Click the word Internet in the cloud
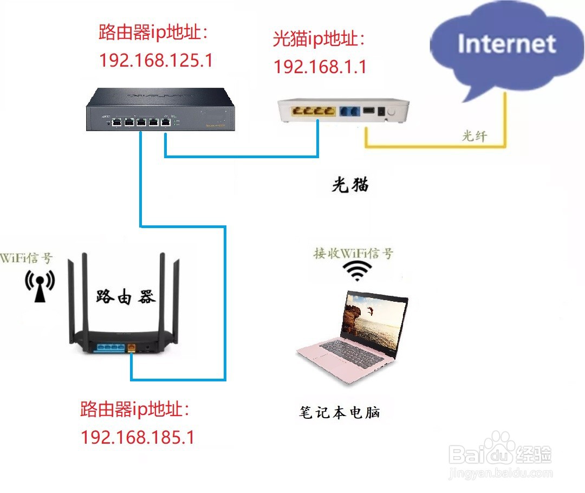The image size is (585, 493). [x=506, y=44]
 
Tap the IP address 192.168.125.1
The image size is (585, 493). [x=156, y=60]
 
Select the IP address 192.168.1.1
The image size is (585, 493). [x=320, y=66]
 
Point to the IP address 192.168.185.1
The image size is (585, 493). [x=138, y=437]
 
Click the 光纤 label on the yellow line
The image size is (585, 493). [x=474, y=137]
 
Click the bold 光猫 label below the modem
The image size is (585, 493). [x=350, y=185]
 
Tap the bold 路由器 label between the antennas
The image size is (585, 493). [x=126, y=297]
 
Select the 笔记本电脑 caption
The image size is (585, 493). [x=340, y=413]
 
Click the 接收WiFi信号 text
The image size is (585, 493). [x=354, y=253]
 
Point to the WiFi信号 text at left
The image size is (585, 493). [x=27, y=257]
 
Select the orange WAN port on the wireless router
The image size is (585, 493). [x=131, y=347]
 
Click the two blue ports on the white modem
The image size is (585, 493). [x=347, y=112]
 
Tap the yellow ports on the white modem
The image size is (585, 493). [x=312, y=112]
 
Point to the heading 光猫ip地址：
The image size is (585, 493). [x=320, y=39]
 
